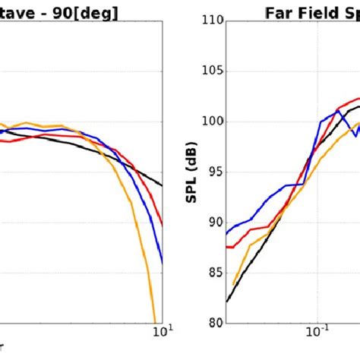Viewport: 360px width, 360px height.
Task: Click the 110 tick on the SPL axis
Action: [213, 21]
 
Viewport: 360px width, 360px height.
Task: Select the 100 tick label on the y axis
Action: [213, 122]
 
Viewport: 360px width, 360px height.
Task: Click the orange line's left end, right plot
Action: [233, 284]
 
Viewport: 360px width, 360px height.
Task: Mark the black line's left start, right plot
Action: [227, 302]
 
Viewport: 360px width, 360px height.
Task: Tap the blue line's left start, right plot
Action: [227, 233]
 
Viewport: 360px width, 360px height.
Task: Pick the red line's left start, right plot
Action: [227, 246]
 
